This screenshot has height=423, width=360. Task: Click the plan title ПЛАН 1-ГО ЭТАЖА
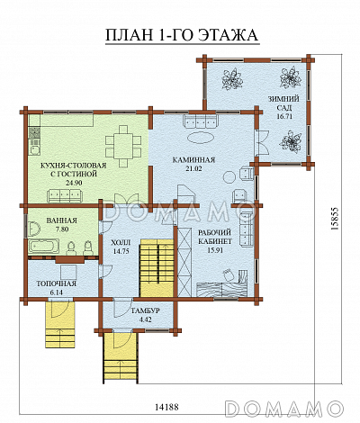182,35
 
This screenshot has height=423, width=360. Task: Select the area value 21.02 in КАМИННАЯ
193,168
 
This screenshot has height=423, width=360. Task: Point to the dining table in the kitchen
123,146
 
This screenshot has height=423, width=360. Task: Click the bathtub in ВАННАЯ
43,247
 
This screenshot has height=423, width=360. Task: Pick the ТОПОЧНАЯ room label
56,283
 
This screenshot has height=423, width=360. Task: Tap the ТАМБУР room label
145,310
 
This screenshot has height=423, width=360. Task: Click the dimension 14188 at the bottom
166,407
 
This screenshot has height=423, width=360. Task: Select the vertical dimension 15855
335,218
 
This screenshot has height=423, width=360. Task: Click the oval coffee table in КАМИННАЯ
201,138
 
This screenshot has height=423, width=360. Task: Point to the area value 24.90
74,183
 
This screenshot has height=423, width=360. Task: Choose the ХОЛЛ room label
121,242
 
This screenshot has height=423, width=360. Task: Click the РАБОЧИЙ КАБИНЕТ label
215,237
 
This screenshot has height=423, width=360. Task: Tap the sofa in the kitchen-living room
65,196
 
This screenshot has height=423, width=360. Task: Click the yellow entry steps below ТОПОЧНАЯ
60,324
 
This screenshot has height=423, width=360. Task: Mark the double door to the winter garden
261,142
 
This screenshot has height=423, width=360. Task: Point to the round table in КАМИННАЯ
230,176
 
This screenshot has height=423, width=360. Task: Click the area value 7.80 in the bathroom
61,229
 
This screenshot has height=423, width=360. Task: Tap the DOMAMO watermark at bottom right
283,409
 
